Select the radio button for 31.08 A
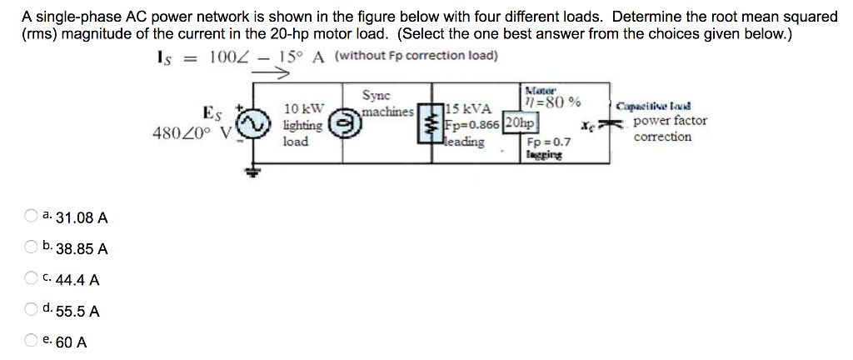(x=30, y=217)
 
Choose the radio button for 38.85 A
(x=30, y=248)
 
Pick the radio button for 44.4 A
(x=30, y=279)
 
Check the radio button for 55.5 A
(x=30, y=311)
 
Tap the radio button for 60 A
(x=30, y=342)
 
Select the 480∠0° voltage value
(x=185, y=133)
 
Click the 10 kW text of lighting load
(x=303, y=109)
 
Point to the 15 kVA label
(x=469, y=108)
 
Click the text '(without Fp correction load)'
(x=417, y=56)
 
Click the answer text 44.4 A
(x=82, y=280)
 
